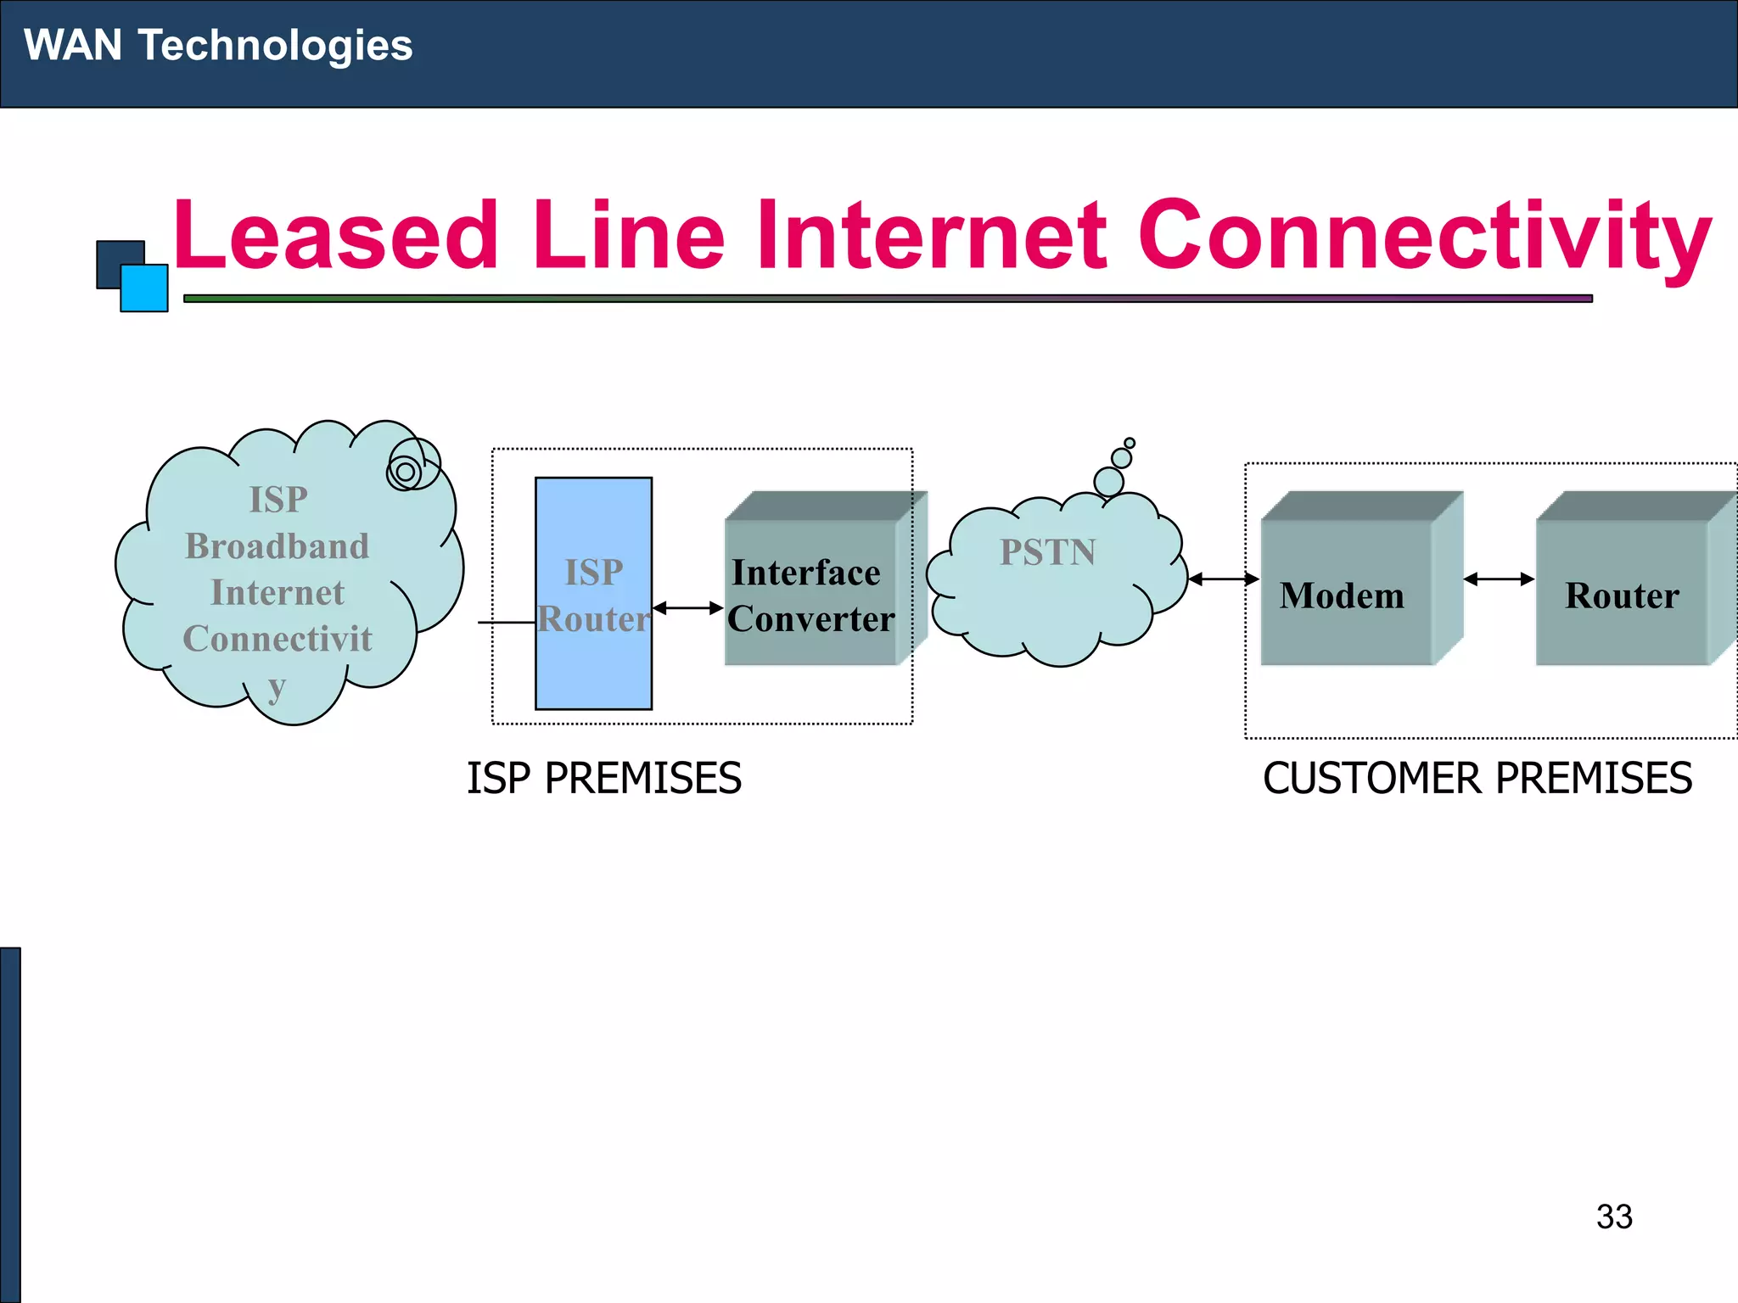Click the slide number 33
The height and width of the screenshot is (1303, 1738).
click(x=1613, y=1216)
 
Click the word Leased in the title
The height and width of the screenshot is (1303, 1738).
click(x=335, y=235)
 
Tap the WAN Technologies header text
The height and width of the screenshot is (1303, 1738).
click(x=218, y=45)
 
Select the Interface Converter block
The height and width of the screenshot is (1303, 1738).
click(x=811, y=594)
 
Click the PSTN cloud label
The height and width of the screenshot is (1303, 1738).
click(x=1047, y=553)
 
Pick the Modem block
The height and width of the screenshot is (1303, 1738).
click(x=1344, y=594)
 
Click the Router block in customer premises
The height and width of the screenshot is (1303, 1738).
click(x=1622, y=594)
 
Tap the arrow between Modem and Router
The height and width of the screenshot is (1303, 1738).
click(x=1499, y=579)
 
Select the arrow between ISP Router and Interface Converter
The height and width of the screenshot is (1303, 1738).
click(x=687, y=608)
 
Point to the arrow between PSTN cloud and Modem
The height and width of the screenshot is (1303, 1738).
click(x=1223, y=579)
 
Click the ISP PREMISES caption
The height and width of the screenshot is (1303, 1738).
click(x=603, y=778)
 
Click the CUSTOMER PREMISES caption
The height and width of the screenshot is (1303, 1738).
click(x=1477, y=778)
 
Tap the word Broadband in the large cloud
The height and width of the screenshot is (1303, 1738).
click(x=278, y=546)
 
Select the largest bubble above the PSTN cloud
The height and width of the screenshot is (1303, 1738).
click(x=1108, y=482)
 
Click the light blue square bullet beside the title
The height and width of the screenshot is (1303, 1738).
click(x=144, y=289)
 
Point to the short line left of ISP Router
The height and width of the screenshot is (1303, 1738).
click(x=506, y=623)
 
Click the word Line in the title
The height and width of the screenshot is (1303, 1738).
click(x=628, y=235)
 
